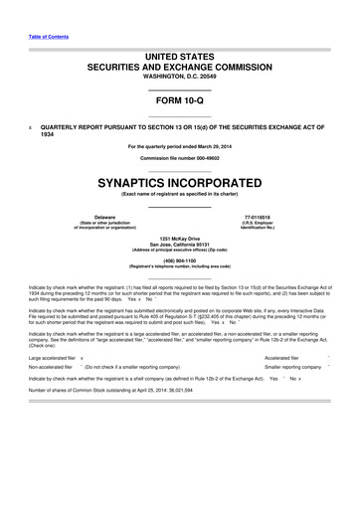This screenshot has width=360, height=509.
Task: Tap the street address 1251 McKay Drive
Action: tap(180, 239)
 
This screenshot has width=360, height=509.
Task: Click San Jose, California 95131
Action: tap(180, 245)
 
